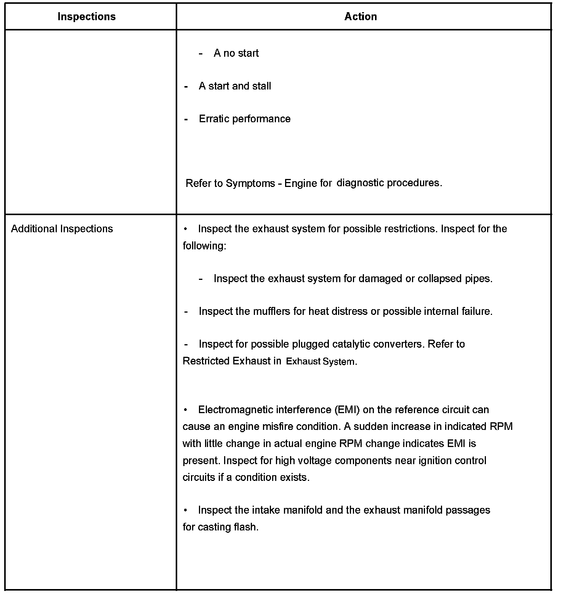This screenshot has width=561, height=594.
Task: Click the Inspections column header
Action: click(x=87, y=17)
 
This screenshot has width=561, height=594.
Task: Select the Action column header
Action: click(x=361, y=17)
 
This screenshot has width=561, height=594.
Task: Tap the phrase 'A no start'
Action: click(x=236, y=53)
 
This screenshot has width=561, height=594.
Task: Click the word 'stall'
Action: click(x=261, y=86)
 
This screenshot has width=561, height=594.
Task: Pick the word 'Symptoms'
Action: click(x=250, y=184)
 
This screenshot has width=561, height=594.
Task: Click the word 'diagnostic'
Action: click(x=360, y=183)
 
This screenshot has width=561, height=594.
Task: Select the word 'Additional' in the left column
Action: click(x=34, y=229)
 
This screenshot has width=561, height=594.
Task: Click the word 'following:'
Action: click(x=204, y=246)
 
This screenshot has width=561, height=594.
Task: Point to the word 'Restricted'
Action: click(x=206, y=361)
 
